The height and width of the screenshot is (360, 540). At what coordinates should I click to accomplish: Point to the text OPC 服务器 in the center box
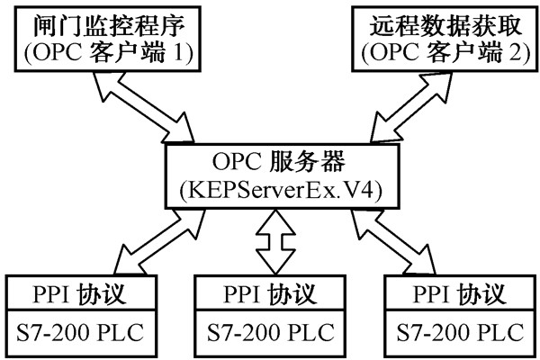(x=271, y=161)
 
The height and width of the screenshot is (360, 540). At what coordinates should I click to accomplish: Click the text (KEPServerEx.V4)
(x=271, y=192)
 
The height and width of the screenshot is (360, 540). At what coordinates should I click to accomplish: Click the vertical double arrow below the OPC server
(x=271, y=243)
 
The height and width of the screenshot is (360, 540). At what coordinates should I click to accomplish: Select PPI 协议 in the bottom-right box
(x=455, y=294)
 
